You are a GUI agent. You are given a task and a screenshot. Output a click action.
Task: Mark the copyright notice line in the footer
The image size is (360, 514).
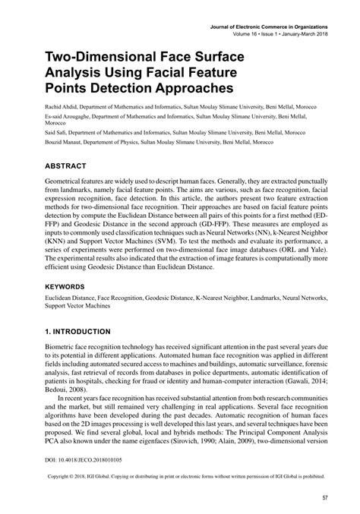(180, 479)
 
